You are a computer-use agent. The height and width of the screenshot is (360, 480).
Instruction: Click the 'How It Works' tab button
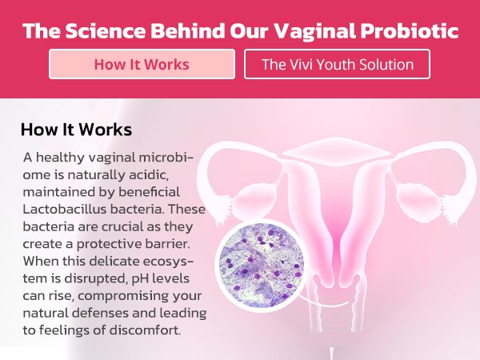pyautogui.click(x=142, y=64)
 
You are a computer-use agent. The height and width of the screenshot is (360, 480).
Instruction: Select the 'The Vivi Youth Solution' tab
pyautogui.click(x=337, y=64)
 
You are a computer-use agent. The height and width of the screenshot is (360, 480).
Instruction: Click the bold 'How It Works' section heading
pyautogui.click(x=76, y=129)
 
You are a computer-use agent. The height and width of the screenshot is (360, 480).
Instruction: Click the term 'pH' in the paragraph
pyautogui.click(x=136, y=280)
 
